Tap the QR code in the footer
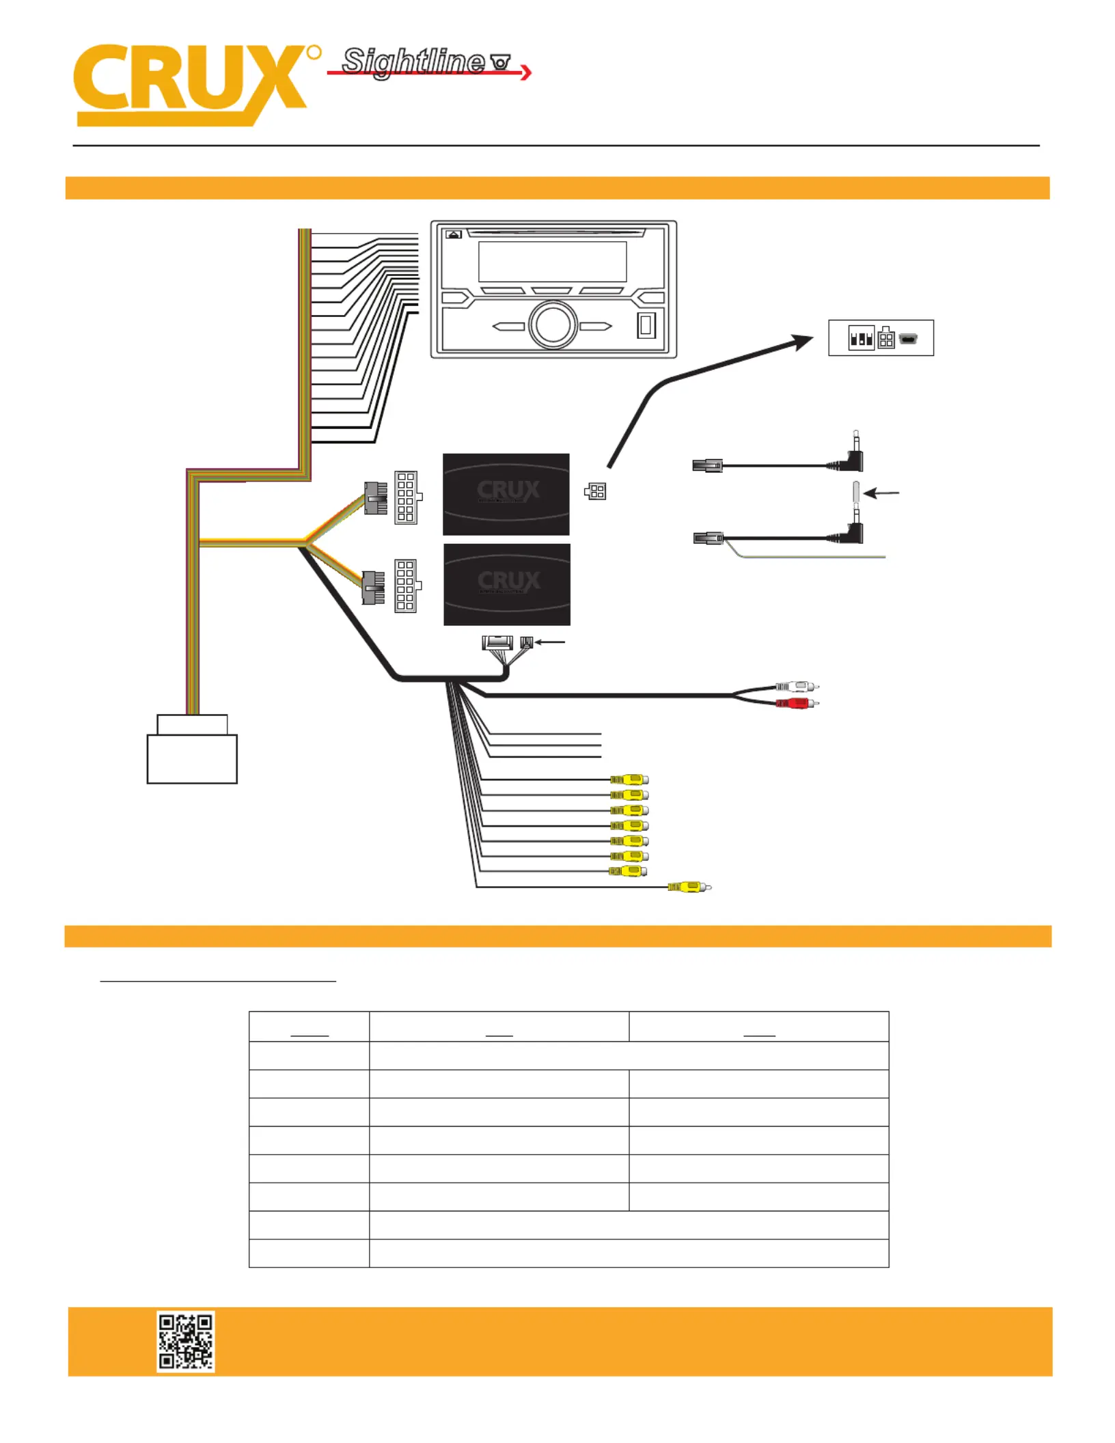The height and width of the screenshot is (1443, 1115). (x=185, y=1341)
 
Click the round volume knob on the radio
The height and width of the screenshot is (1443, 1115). (x=553, y=325)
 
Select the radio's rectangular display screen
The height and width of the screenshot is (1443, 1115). (x=552, y=261)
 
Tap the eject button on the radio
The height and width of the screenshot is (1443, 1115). (x=454, y=234)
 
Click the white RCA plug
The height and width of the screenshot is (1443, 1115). (x=797, y=686)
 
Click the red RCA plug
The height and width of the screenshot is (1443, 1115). (x=797, y=703)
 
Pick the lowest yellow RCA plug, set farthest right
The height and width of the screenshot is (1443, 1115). (x=689, y=887)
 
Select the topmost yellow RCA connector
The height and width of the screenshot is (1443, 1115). (x=629, y=779)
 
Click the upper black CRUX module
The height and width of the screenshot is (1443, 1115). (x=506, y=494)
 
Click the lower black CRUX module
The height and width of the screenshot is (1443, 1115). (x=507, y=584)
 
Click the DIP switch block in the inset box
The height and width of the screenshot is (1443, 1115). (x=861, y=338)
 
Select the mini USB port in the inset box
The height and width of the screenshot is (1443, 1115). (x=908, y=339)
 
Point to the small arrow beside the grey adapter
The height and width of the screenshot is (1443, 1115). (x=881, y=493)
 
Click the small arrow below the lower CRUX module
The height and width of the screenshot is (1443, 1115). (x=550, y=642)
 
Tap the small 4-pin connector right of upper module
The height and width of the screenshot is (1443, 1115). (x=595, y=491)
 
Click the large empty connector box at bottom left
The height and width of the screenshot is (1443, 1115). (x=192, y=758)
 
